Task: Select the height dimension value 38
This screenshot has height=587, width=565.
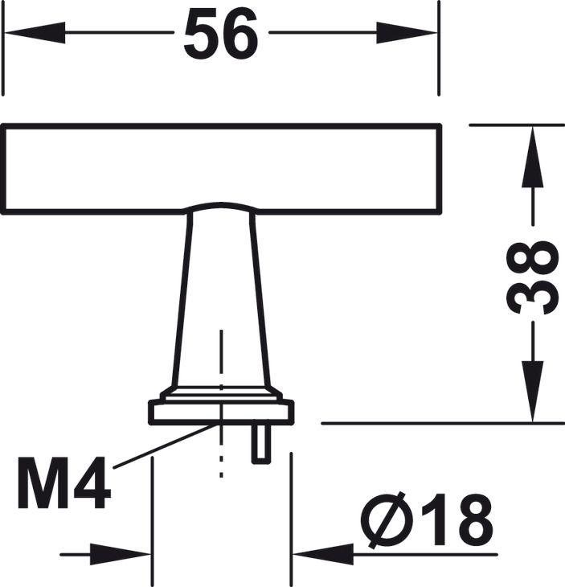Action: point(534,277)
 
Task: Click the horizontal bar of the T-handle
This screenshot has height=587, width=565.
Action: point(221,169)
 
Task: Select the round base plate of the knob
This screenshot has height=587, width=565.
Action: point(221,413)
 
